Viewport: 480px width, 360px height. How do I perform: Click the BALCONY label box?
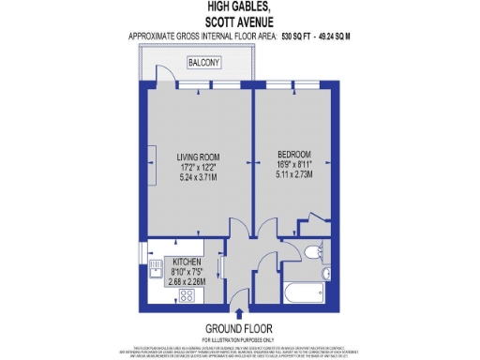(x=203, y=63)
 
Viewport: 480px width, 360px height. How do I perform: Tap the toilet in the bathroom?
(x=310, y=251)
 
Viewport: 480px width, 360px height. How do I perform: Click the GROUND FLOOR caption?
(x=240, y=328)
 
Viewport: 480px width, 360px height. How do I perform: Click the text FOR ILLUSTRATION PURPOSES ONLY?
(x=240, y=339)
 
